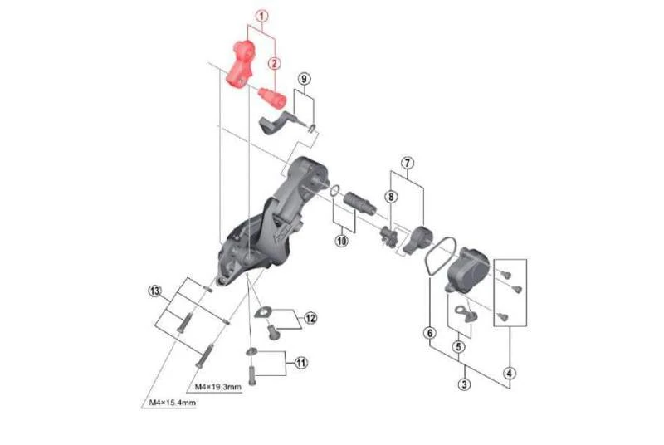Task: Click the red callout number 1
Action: [x=263, y=15]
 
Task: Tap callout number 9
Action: [x=305, y=79]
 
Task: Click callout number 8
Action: [x=390, y=197]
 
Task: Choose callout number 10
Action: [x=341, y=242]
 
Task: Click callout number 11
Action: [x=300, y=362]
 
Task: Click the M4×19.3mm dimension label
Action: [x=217, y=387]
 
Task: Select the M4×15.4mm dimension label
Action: [x=173, y=403]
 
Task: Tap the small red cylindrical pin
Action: [x=271, y=94]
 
